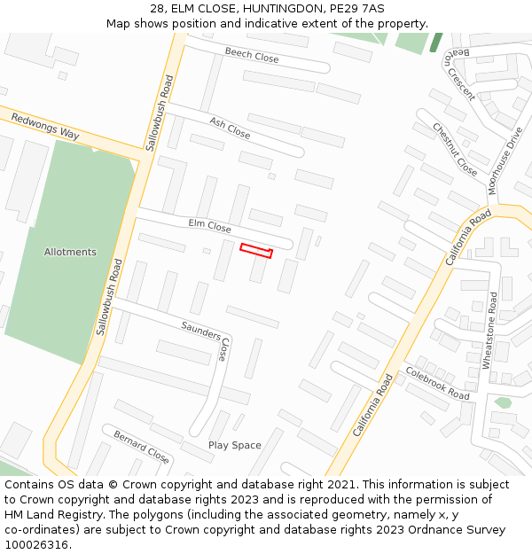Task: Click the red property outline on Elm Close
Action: [255, 251]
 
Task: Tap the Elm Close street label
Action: [210, 226]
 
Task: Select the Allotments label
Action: [70, 252]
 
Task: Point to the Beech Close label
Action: [252, 55]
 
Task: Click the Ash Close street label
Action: [230, 128]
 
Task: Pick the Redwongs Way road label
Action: [45, 127]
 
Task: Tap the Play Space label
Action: [235, 445]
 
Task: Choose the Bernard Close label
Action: [141, 447]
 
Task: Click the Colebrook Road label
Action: [437, 382]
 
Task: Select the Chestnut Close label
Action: [455, 148]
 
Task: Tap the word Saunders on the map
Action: [201, 331]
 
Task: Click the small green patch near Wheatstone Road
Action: [503, 402]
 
